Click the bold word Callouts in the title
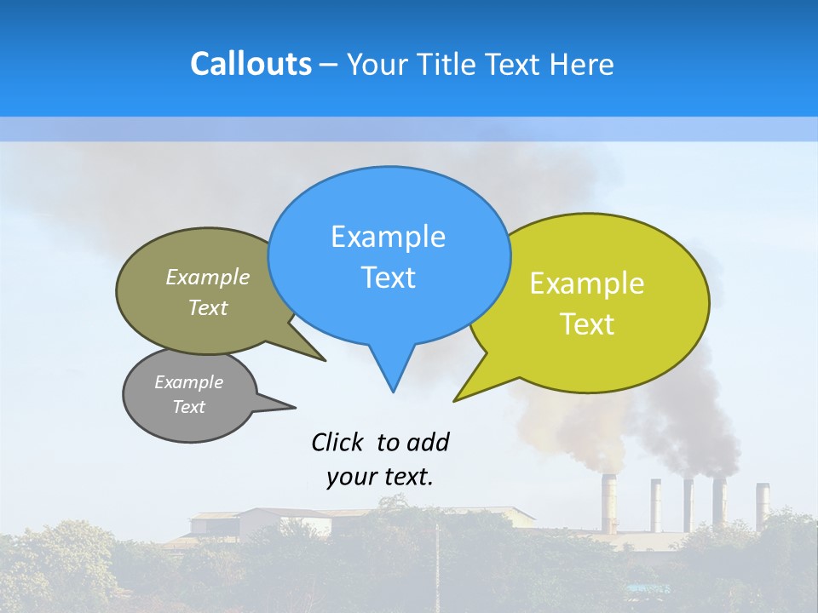tap(251, 64)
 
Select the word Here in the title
tap(582, 65)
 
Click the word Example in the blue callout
tap(388, 237)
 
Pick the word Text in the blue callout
tap(388, 278)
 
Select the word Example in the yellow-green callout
tap(587, 284)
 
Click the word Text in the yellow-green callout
tap(587, 324)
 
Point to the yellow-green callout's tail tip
tap(455, 400)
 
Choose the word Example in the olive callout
tap(208, 277)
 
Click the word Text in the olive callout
tap(208, 307)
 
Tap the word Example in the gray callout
tap(188, 382)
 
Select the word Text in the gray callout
tap(188, 407)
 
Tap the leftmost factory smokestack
tap(609, 502)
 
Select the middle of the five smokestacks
tap(688, 504)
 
